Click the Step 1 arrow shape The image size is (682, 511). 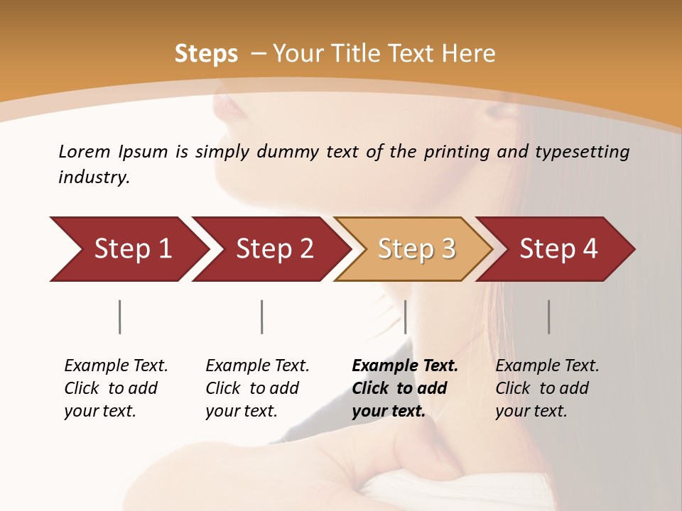point(128,248)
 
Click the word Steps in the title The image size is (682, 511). point(206,54)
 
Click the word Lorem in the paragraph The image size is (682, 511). point(84,151)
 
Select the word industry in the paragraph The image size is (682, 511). point(92,177)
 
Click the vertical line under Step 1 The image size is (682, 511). point(120,317)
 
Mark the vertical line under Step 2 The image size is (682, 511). point(262,317)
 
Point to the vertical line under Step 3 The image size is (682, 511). point(406,317)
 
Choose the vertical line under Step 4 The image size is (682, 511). point(549,317)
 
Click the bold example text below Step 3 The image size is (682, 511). point(404,388)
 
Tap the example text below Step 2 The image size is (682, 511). point(256,388)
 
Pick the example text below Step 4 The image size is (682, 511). point(546,388)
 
